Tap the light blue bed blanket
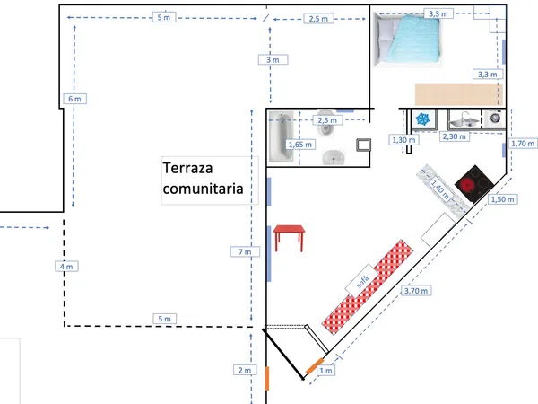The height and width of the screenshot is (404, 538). coord(413,40)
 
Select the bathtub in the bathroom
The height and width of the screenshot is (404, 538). coord(282,136)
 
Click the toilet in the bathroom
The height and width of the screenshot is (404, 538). coord(325,123)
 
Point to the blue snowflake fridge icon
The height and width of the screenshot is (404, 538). coord(422,119)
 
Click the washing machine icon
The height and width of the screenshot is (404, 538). coord(494,119)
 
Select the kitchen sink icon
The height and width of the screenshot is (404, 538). coord(464,119)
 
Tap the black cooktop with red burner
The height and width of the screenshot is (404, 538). coord(474,184)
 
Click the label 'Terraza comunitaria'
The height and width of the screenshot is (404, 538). coord(204,179)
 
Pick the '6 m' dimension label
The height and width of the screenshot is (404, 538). coord(74,99)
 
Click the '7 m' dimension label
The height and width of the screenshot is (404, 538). coord(245,251)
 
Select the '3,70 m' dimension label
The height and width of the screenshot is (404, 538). coord(416,291)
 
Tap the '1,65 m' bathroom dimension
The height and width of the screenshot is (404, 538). coord(300,145)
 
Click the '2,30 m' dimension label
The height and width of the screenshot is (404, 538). coord(455,136)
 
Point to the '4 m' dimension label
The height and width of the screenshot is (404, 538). coord(66,267)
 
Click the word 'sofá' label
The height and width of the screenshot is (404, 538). coord(362,281)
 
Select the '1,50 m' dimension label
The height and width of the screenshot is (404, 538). coord(503,199)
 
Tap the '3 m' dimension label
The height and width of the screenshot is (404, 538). coord(273,60)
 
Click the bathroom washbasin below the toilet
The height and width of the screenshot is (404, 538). coord(334,157)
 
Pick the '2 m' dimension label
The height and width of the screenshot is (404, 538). coord(245,370)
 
